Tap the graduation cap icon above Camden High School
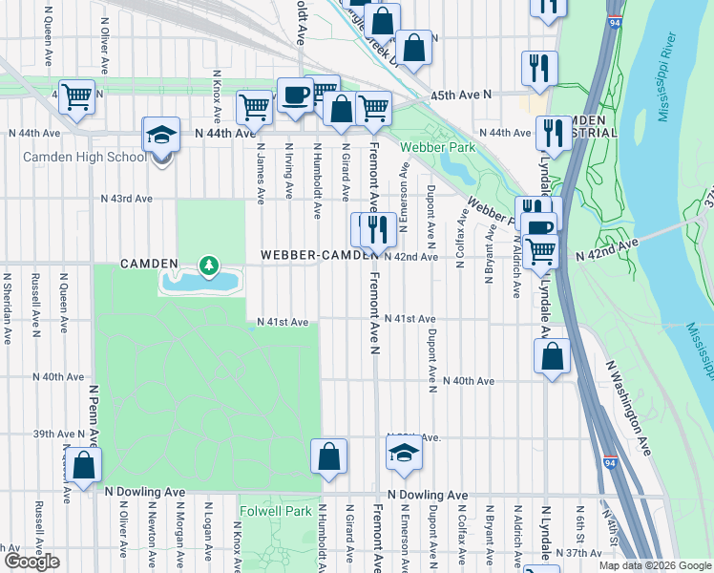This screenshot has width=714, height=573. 162,137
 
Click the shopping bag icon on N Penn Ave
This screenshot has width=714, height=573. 84,466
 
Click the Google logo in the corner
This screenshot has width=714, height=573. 31,562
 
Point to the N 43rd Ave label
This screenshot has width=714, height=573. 126,199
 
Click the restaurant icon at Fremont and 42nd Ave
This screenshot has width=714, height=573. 378,230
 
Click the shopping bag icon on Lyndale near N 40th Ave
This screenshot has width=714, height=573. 552,357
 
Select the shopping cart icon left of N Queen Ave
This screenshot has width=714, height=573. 77,95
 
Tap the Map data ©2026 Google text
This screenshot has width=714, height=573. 654,565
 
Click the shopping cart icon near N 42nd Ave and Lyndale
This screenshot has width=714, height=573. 541,251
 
